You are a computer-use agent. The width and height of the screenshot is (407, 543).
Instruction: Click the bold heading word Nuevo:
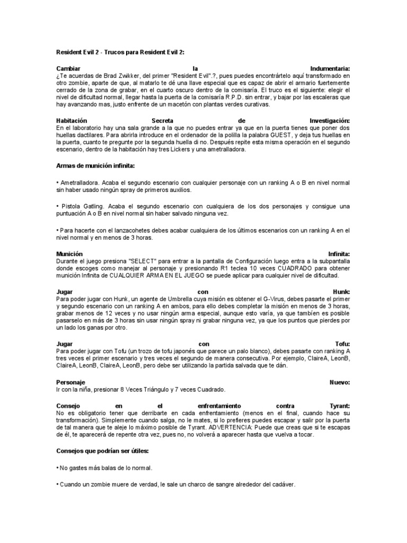[339, 382]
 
